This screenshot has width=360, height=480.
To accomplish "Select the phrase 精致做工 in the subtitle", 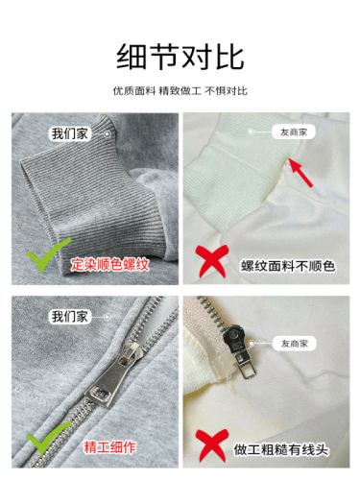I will click(x=180, y=91).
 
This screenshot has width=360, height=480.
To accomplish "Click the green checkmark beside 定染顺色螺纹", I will click(x=45, y=257).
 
